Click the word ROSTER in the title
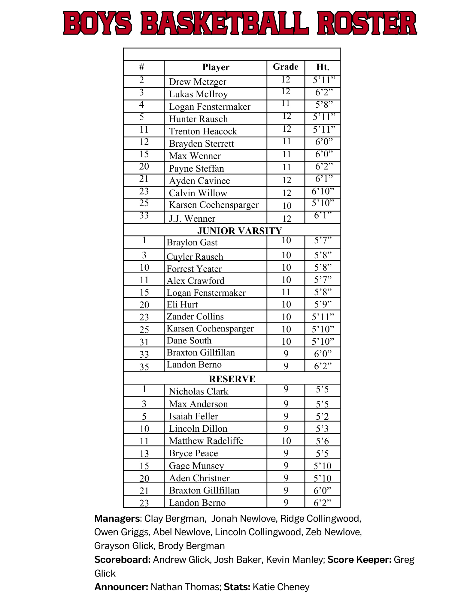click(x=367, y=23)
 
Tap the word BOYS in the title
click(x=97, y=23)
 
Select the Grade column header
click(x=285, y=67)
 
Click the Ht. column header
click(x=323, y=67)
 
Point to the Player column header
click(x=216, y=67)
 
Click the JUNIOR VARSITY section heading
click(x=239, y=230)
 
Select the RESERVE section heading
click(x=232, y=379)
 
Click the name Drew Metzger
click(x=197, y=82)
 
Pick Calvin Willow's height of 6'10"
click(x=323, y=191)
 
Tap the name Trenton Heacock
click(x=203, y=131)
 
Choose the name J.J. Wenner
click(x=192, y=218)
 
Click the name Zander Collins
click(x=195, y=316)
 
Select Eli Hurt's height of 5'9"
click(x=323, y=304)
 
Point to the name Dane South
click(x=189, y=340)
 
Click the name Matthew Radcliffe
click(x=206, y=441)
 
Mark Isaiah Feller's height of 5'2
click(x=322, y=416)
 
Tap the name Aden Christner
click(x=199, y=478)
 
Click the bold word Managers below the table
click(x=117, y=518)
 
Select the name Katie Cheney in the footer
click(x=281, y=587)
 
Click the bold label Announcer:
click(x=121, y=587)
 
